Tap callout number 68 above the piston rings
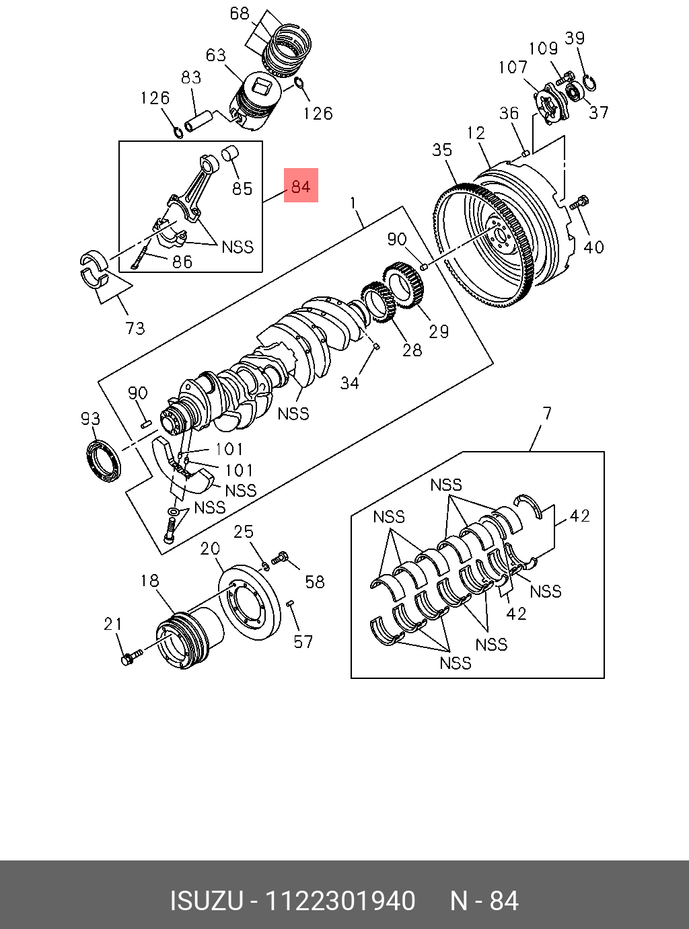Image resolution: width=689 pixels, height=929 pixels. point(240,13)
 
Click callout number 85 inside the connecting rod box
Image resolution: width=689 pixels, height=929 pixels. point(242,188)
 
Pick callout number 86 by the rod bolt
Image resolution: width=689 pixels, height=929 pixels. point(182,261)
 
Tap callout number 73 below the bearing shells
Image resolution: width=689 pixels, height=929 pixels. point(135,328)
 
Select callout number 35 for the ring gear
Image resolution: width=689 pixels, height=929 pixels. point(442,149)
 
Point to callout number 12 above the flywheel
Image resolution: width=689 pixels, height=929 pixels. point(476,132)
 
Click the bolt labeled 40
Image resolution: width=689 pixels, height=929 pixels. point(579,202)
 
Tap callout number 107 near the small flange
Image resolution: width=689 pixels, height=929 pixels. point(513,67)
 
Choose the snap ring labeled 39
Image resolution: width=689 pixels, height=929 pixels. point(590,83)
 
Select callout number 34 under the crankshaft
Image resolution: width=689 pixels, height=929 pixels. point(349,383)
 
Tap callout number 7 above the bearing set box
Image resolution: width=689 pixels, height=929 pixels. point(547,413)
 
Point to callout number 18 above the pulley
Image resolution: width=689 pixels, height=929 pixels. point(149,580)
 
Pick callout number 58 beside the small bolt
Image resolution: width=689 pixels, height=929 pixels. point(315,582)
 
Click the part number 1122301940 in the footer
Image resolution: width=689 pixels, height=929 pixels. point(340,901)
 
